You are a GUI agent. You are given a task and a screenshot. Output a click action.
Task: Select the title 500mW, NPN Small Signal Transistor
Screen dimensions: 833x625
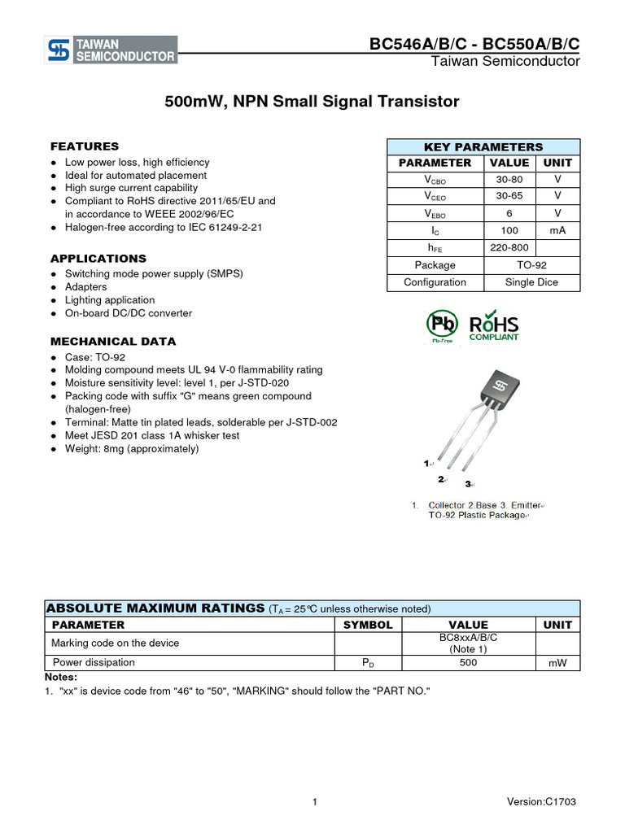pos(312,102)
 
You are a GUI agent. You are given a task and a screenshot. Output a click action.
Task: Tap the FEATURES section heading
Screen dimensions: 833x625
pos(85,146)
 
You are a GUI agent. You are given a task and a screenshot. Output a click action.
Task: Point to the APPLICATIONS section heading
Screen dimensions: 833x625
pos(98,259)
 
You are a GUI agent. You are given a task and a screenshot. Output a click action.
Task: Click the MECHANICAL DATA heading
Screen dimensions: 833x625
pos(113,341)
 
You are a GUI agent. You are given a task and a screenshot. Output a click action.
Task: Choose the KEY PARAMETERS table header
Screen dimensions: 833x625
pos(483,147)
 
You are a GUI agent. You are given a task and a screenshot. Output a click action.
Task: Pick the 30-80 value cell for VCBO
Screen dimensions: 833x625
pos(509,179)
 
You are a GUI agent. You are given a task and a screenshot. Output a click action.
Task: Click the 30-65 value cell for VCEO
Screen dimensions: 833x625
pos(509,196)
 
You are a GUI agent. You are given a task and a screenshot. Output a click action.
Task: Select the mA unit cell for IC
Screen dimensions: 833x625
pos(557,230)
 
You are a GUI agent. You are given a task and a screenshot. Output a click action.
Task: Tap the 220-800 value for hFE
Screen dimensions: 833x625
pos(509,247)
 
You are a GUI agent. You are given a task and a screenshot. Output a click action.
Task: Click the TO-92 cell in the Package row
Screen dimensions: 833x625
pos(531,265)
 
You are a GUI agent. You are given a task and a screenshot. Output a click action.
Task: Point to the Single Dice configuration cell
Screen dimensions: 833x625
pos(531,282)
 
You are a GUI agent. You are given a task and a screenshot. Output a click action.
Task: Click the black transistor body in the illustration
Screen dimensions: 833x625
pos(496,390)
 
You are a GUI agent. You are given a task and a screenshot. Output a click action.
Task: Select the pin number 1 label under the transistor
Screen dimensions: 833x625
pos(426,463)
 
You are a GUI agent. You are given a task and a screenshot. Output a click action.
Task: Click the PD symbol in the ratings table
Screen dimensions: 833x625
pos(368,663)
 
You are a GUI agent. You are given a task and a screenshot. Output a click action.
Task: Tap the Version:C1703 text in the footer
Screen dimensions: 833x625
pos(541,802)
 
